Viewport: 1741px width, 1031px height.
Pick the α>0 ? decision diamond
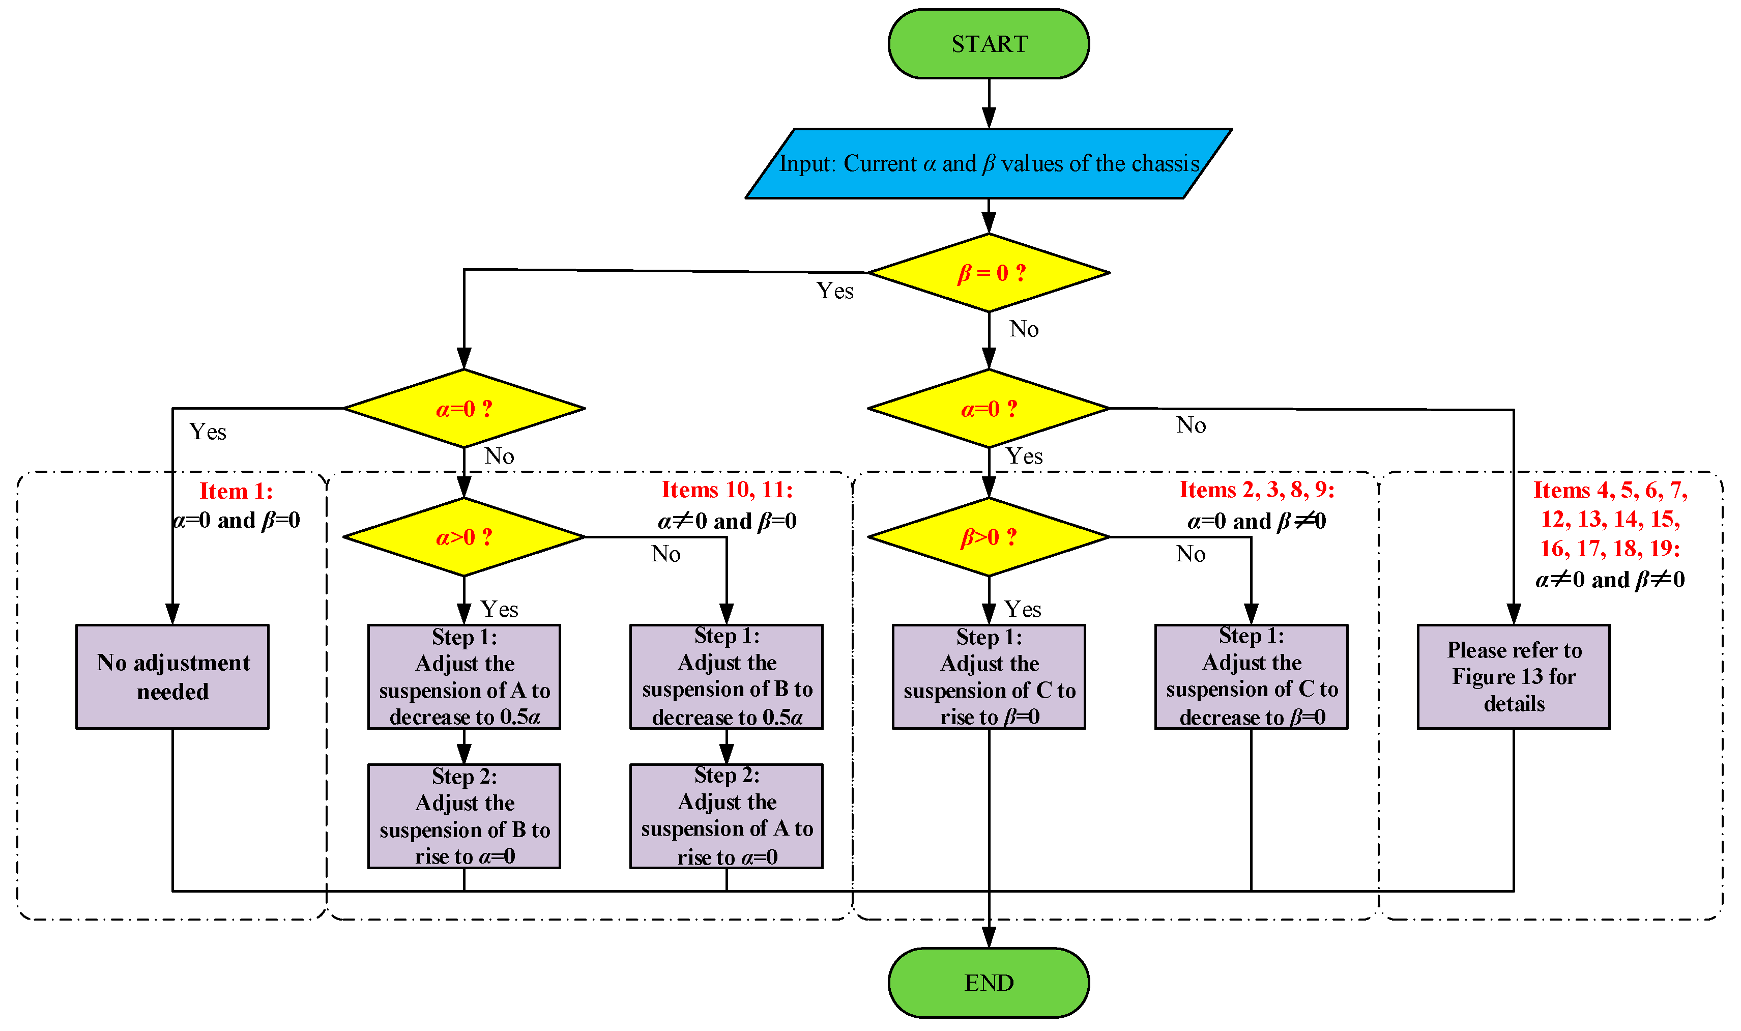click(464, 536)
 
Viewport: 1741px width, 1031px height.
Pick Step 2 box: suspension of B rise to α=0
click(464, 816)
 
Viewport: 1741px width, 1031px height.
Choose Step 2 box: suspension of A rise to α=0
click(727, 816)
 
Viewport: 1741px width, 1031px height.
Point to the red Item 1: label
click(236, 491)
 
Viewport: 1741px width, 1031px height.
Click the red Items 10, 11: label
click(727, 490)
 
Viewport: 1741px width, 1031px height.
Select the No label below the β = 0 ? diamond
click(1024, 329)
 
